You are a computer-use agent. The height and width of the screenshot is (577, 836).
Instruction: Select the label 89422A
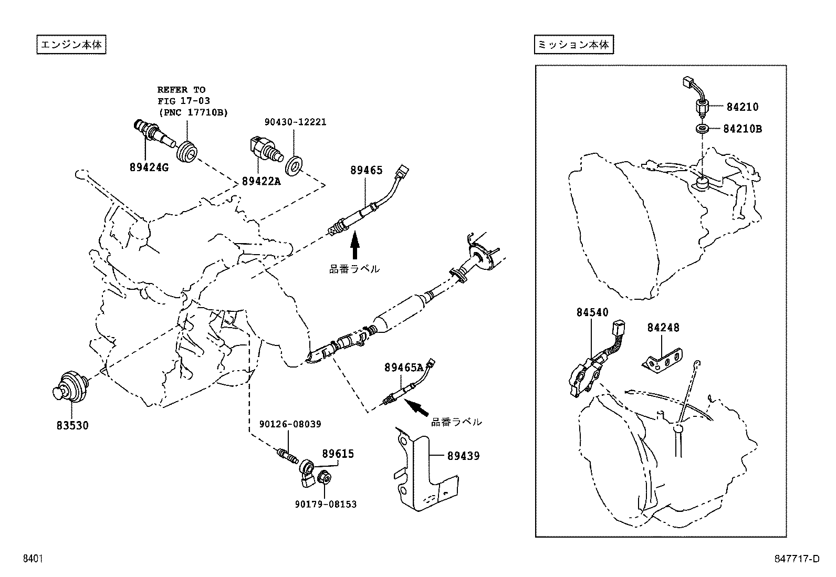point(261,181)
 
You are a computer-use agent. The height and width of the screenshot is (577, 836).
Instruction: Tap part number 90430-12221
point(295,122)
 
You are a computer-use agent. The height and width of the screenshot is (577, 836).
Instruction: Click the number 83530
point(72,425)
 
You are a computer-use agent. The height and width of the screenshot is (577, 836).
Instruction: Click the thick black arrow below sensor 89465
point(354,247)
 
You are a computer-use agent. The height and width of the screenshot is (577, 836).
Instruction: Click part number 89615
point(338,454)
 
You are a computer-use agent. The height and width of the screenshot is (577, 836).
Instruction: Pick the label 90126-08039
point(290,424)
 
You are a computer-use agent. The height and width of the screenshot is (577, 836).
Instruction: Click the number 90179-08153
point(326,504)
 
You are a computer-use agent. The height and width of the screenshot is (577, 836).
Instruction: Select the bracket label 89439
point(463,456)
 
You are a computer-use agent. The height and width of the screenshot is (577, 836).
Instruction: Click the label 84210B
point(742,128)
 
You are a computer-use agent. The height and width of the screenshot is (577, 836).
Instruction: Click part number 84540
point(592,312)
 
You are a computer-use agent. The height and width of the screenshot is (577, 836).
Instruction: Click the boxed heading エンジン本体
point(71,45)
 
